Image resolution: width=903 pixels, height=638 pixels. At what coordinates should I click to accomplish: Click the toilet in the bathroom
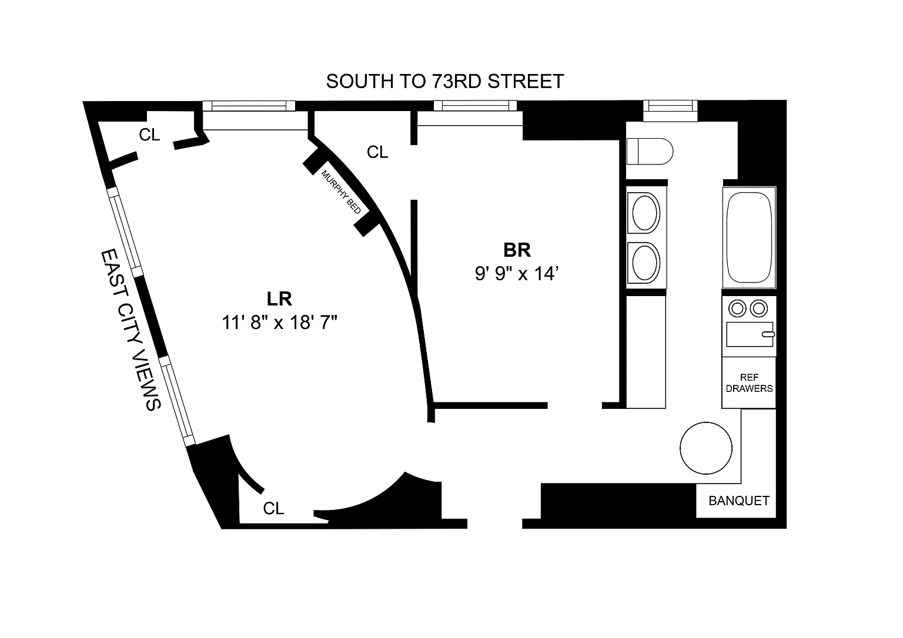(x=650, y=152)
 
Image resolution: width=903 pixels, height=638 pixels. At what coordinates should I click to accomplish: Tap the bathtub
(x=749, y=237)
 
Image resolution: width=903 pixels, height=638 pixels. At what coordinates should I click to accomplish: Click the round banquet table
(x=706, y=448)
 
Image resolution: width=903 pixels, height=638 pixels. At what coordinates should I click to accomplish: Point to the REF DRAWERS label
(x=749, y=382)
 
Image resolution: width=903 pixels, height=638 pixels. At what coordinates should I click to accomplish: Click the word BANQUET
(x=739, y=501)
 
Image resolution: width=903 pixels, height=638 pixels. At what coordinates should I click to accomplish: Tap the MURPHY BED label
(x=341, y=192)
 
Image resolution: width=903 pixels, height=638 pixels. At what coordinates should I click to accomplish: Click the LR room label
(x=279, y=299)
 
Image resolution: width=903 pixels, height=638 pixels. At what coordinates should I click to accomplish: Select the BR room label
(x=517, y=250)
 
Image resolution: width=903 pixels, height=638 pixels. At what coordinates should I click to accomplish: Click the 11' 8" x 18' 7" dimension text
(x=279, y=323)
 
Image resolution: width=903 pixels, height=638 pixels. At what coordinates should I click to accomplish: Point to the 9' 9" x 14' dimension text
(x=516, y=274)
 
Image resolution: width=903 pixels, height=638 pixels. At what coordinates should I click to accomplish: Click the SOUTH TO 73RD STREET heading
(x=444, y=81)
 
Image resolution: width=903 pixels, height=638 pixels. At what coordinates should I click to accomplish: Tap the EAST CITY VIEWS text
(x=131, y=330)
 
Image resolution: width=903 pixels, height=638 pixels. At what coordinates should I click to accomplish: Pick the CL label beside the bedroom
(x=377, y=152)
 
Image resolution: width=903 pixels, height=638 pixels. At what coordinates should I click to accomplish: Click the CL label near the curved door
(x=274, y=508)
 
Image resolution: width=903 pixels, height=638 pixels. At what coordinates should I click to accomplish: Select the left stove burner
(x=738, y=308)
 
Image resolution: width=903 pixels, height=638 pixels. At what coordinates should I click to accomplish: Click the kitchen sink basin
(x=750, y=334)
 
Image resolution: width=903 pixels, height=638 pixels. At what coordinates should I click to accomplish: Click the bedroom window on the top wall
(x=475, y=106)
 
